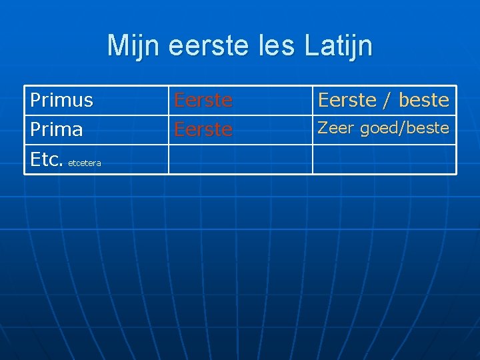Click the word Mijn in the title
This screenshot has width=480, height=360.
point(135,46)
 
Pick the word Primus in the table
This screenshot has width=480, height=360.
point(62,100)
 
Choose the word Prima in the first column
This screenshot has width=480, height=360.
point(57,129)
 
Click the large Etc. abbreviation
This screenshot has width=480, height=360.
point(47,159)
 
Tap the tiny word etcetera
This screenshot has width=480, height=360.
point(85,163)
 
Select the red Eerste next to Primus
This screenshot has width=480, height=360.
point(203,100)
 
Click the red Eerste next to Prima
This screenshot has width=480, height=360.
point(203,129)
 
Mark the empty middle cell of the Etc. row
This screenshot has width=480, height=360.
point(240,159)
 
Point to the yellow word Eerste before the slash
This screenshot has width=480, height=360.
point(347,100)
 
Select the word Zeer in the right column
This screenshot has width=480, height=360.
point(335,127)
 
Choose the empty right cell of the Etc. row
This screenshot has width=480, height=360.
point(384,159)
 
